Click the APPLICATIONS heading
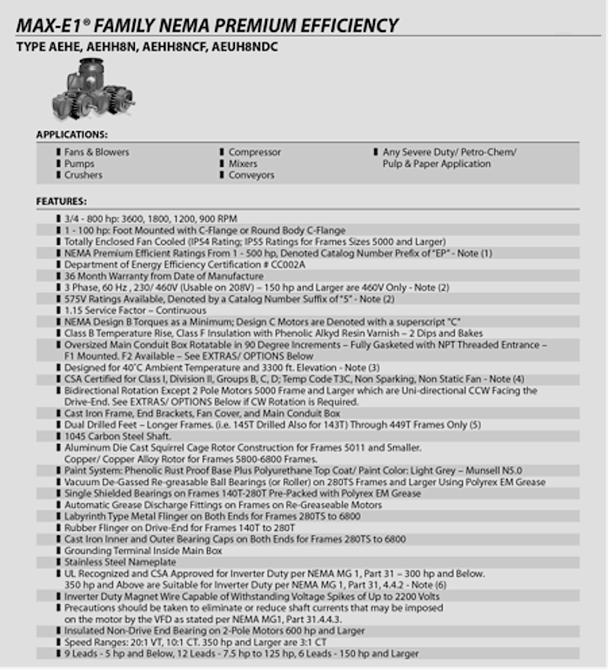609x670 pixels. tap(71, 135)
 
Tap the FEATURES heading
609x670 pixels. tap(60, 201)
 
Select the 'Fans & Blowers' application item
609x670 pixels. tap(96, 152)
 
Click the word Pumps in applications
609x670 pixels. tap(79, 163)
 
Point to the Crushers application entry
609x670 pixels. tap(83, 175)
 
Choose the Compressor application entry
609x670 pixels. tap(255, 152)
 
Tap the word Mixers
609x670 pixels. tap(243, 163)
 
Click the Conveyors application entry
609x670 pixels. tap(251, 175)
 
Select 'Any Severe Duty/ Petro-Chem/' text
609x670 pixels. tap(449, 152)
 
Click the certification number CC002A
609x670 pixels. tap(284, 264)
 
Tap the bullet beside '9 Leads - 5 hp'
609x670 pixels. tap(58, 653)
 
